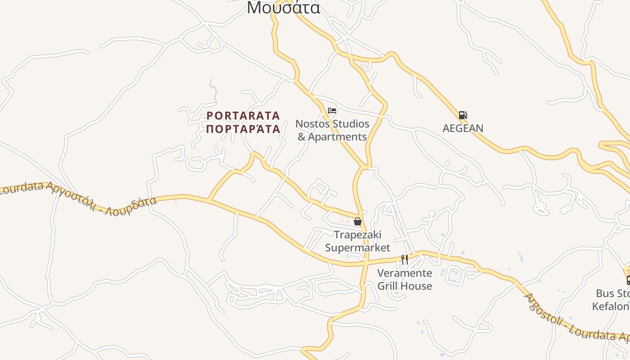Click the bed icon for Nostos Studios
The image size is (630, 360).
point(332,111)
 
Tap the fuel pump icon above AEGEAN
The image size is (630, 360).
point(463,115)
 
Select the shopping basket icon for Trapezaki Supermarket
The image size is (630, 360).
point(358,221)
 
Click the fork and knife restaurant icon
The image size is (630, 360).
point(404,259)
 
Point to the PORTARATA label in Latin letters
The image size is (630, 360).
point(243,116)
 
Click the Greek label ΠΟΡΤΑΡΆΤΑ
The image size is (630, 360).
point(243,129)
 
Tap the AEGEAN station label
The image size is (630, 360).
point(463,128)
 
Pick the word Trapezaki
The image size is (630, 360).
point(357,234)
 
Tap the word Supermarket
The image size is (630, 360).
point(357,247)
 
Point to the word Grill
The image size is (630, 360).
point(387,286)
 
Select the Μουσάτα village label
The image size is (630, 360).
point(283,8)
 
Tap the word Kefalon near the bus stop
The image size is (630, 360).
point(611,306)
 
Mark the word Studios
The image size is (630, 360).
point(351,124)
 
